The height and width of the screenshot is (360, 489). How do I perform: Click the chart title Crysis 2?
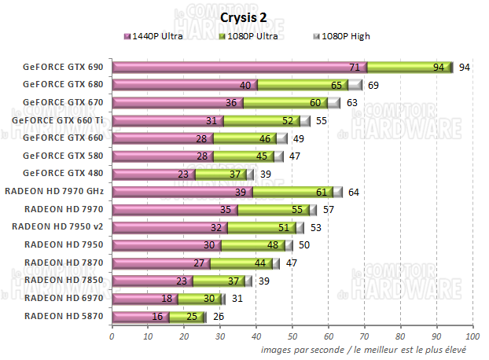(x=244, y=17)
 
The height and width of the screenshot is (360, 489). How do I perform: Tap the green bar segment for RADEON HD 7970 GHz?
(x=287, y=192)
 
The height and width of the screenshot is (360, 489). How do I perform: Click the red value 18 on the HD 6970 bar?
(x=167, y=299)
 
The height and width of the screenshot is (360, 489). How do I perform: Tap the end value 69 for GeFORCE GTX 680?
(x=373, y=85)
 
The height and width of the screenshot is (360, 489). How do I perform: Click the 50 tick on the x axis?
(x=292, y=336)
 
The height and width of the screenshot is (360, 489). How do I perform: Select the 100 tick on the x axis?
(x=472, y=336)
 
